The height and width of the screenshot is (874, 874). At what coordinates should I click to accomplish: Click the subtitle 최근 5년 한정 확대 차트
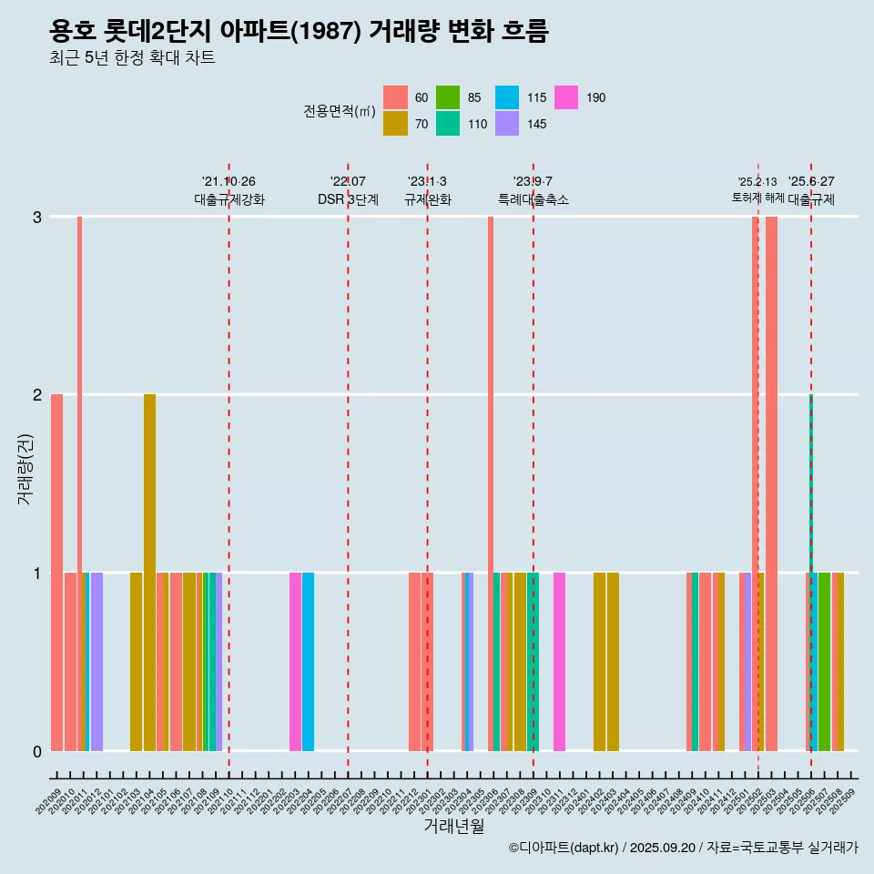(132, 59)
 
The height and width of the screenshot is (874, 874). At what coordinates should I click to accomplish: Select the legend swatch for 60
(395, 97)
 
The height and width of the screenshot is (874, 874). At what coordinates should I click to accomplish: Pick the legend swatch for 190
(566, 97)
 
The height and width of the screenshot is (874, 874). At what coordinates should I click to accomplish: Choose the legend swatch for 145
(508, 124)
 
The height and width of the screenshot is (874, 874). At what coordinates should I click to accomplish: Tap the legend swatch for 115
(508, 97)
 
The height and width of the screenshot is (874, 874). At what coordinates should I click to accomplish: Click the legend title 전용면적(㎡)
(340, 111)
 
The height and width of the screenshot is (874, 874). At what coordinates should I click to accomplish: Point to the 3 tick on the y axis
(37, 217)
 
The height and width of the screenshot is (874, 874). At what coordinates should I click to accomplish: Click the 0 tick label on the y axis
(37, 751)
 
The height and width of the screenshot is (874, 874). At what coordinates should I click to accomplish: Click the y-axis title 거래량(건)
(25, 471)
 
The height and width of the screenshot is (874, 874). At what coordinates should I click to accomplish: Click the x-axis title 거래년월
(453, 826)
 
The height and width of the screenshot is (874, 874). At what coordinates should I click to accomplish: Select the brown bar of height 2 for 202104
(149, 572)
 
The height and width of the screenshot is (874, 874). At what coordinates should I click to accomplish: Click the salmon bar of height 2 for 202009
(56, 572)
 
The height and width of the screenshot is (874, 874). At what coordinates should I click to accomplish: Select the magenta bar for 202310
(559, 662)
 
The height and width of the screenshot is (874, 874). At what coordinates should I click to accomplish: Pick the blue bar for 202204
(308, 662)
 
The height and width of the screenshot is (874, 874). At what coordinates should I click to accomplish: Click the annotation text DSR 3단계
(348, 199)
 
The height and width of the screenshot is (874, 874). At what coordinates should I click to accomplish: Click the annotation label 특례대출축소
(533, 199)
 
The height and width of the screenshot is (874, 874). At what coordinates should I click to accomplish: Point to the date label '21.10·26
(229, 181)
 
